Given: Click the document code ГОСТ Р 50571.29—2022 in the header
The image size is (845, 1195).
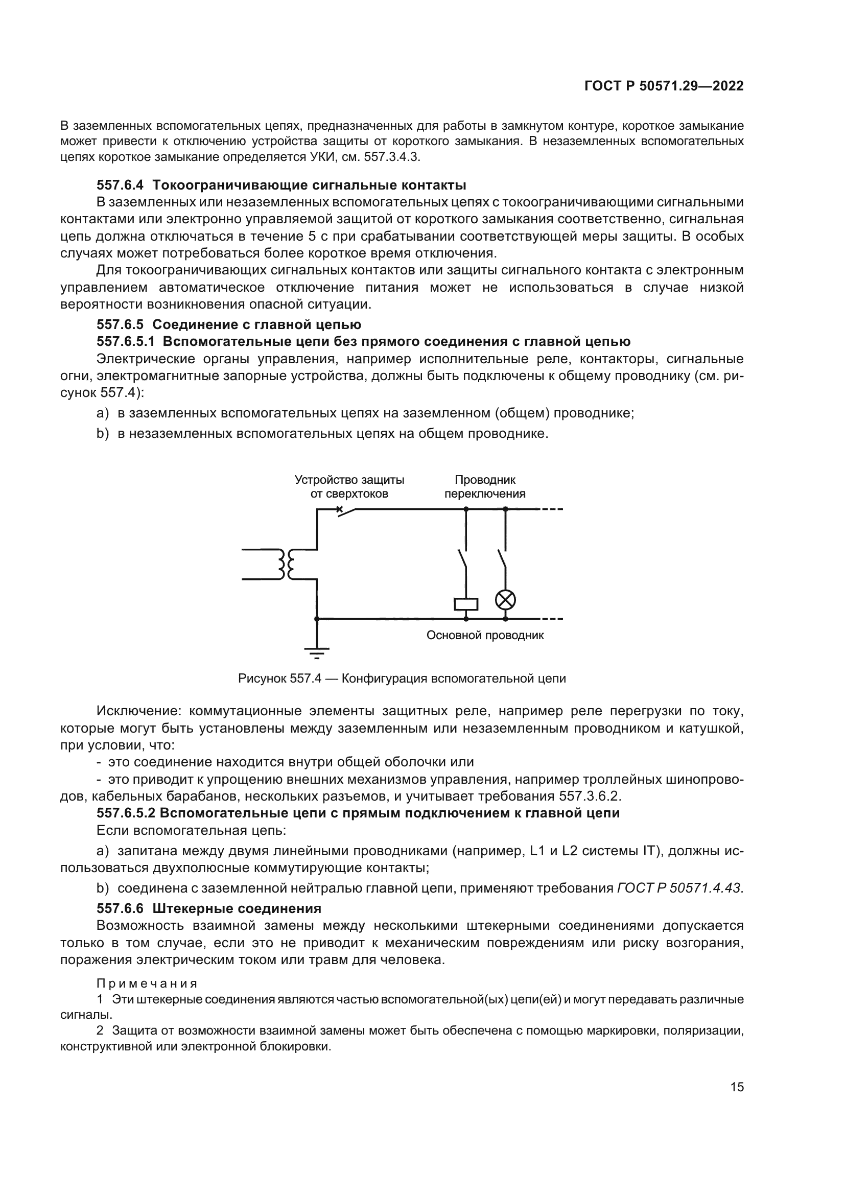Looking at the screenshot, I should pos(664,86).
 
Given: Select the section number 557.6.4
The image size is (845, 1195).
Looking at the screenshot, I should pos(120,185).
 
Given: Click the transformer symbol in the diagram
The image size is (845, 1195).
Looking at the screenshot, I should pos(286,564).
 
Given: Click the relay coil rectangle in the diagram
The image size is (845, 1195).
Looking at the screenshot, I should pos(466,604).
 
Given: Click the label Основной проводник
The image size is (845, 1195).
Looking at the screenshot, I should pos(485,636).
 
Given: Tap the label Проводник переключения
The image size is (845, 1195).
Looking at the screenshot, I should pos(485,487).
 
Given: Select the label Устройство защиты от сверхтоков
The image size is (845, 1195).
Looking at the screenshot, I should pos(349,487).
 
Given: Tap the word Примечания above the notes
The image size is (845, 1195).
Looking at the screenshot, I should pos(147,983).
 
